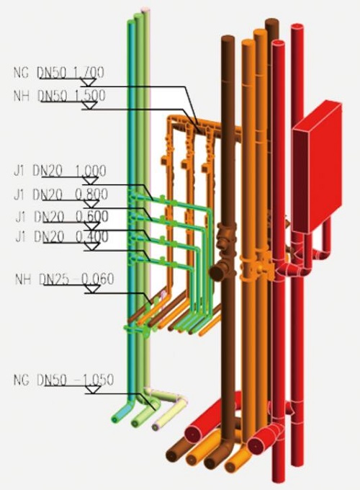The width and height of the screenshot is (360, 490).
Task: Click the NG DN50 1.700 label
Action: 59,73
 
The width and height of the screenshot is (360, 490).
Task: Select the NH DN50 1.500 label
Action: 59,96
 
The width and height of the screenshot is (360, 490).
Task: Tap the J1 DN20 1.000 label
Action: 60,171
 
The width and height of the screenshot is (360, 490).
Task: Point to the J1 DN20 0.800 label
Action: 61,195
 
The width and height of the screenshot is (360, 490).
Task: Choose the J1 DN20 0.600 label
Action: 62,217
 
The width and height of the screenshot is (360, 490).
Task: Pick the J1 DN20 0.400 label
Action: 62,237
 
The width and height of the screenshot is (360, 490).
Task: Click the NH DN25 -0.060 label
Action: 64,279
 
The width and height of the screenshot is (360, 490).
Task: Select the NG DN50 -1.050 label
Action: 63,380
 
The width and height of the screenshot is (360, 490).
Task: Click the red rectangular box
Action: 317,166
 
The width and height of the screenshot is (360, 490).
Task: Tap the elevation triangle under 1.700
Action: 88,82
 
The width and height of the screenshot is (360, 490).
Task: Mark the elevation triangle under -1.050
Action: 93,390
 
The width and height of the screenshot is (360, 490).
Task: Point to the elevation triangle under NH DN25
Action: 92,290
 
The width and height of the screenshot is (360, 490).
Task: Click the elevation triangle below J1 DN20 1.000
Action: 90,181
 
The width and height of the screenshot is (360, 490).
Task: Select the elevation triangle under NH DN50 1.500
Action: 89,106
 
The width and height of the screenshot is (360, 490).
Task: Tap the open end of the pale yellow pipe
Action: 156,427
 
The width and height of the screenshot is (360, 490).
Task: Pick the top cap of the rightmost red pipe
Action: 297,27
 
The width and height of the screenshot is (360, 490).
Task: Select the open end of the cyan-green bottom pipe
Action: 116,419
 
